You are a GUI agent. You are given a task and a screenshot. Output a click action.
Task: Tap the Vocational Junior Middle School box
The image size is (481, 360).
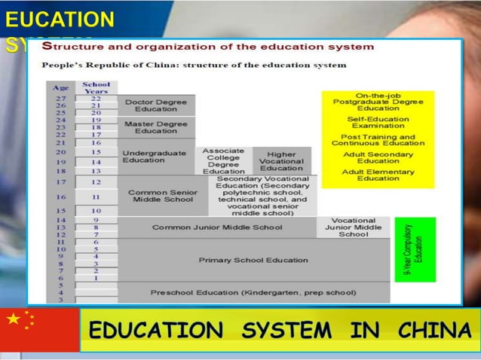(354, 227)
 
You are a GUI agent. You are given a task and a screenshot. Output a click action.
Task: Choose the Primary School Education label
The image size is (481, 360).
(243, 261)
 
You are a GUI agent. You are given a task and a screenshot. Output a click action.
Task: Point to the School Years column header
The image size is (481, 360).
(96, 87)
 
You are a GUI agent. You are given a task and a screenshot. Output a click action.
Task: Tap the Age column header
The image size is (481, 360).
(59, 88)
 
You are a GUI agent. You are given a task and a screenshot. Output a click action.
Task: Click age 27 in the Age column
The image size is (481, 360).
(60, 99)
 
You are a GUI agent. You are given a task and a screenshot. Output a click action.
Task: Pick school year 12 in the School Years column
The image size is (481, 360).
(96, 182)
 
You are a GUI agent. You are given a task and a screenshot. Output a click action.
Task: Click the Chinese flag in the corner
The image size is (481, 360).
(39, 330)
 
